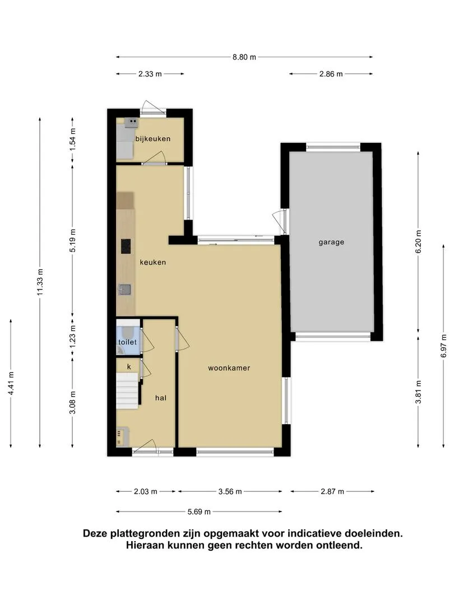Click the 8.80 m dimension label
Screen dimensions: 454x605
pos(244,57)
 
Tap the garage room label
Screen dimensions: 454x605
pos(331,243)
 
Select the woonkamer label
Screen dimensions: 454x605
pos(229,368)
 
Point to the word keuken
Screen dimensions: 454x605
pos(153,262)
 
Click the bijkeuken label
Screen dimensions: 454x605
pos(153,138)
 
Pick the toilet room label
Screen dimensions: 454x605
pos(127,342)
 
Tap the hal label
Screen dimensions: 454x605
pos(161,398)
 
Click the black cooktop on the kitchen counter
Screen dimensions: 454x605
pos(126,246)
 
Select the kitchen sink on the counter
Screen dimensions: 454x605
pos(124,290)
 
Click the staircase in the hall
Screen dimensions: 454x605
pos(127,390)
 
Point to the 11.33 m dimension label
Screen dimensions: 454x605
pos(40,282)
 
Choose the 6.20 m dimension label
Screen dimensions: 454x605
pos(419,241)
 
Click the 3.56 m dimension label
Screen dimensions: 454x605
pos(230,492)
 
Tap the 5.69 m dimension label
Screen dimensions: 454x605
pos(199,511)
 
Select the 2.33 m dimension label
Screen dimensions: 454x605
pos(150,74)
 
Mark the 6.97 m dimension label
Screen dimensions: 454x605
pos(444,346)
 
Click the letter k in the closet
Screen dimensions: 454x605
pos(129,366)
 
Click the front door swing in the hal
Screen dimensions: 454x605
pos(145,445)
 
